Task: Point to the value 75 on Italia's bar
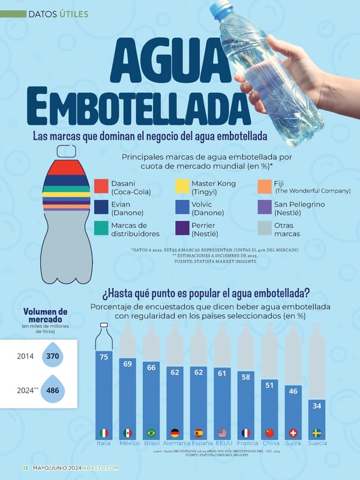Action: pos(104,357)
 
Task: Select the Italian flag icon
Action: pos(104,433)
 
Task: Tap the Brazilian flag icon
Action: pos(151,433)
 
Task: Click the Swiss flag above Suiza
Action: pos(293,433)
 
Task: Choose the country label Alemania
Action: pos(175,443)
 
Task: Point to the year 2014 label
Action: pos(25,356)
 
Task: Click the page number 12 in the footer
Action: pos(25,468)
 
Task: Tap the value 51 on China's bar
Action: pos(269,385)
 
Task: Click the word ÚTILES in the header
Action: pos(74,13)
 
